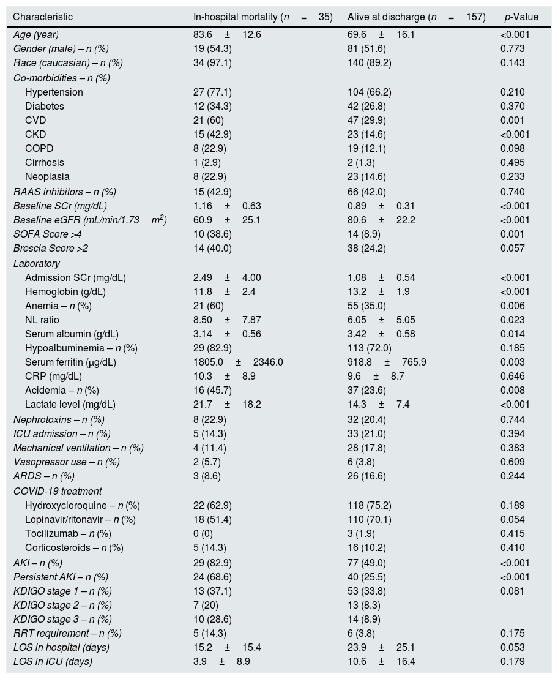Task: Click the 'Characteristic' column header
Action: [43, 17]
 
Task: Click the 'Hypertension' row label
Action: [54, 92]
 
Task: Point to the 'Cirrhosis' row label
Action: [45, 163]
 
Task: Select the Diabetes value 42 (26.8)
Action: [369, 107]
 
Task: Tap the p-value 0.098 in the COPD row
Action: [512, 149]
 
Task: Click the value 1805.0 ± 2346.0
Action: [238, 362]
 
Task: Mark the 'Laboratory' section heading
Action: [37, 264]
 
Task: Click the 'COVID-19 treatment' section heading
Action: [58, 491]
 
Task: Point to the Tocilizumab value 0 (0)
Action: [205, 534]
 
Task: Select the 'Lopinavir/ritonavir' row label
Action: [80, 520]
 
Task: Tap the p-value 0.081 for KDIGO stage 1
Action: [512, 591]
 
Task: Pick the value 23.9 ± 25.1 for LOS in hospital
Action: [381, 648]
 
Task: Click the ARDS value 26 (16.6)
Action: [369, 476]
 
